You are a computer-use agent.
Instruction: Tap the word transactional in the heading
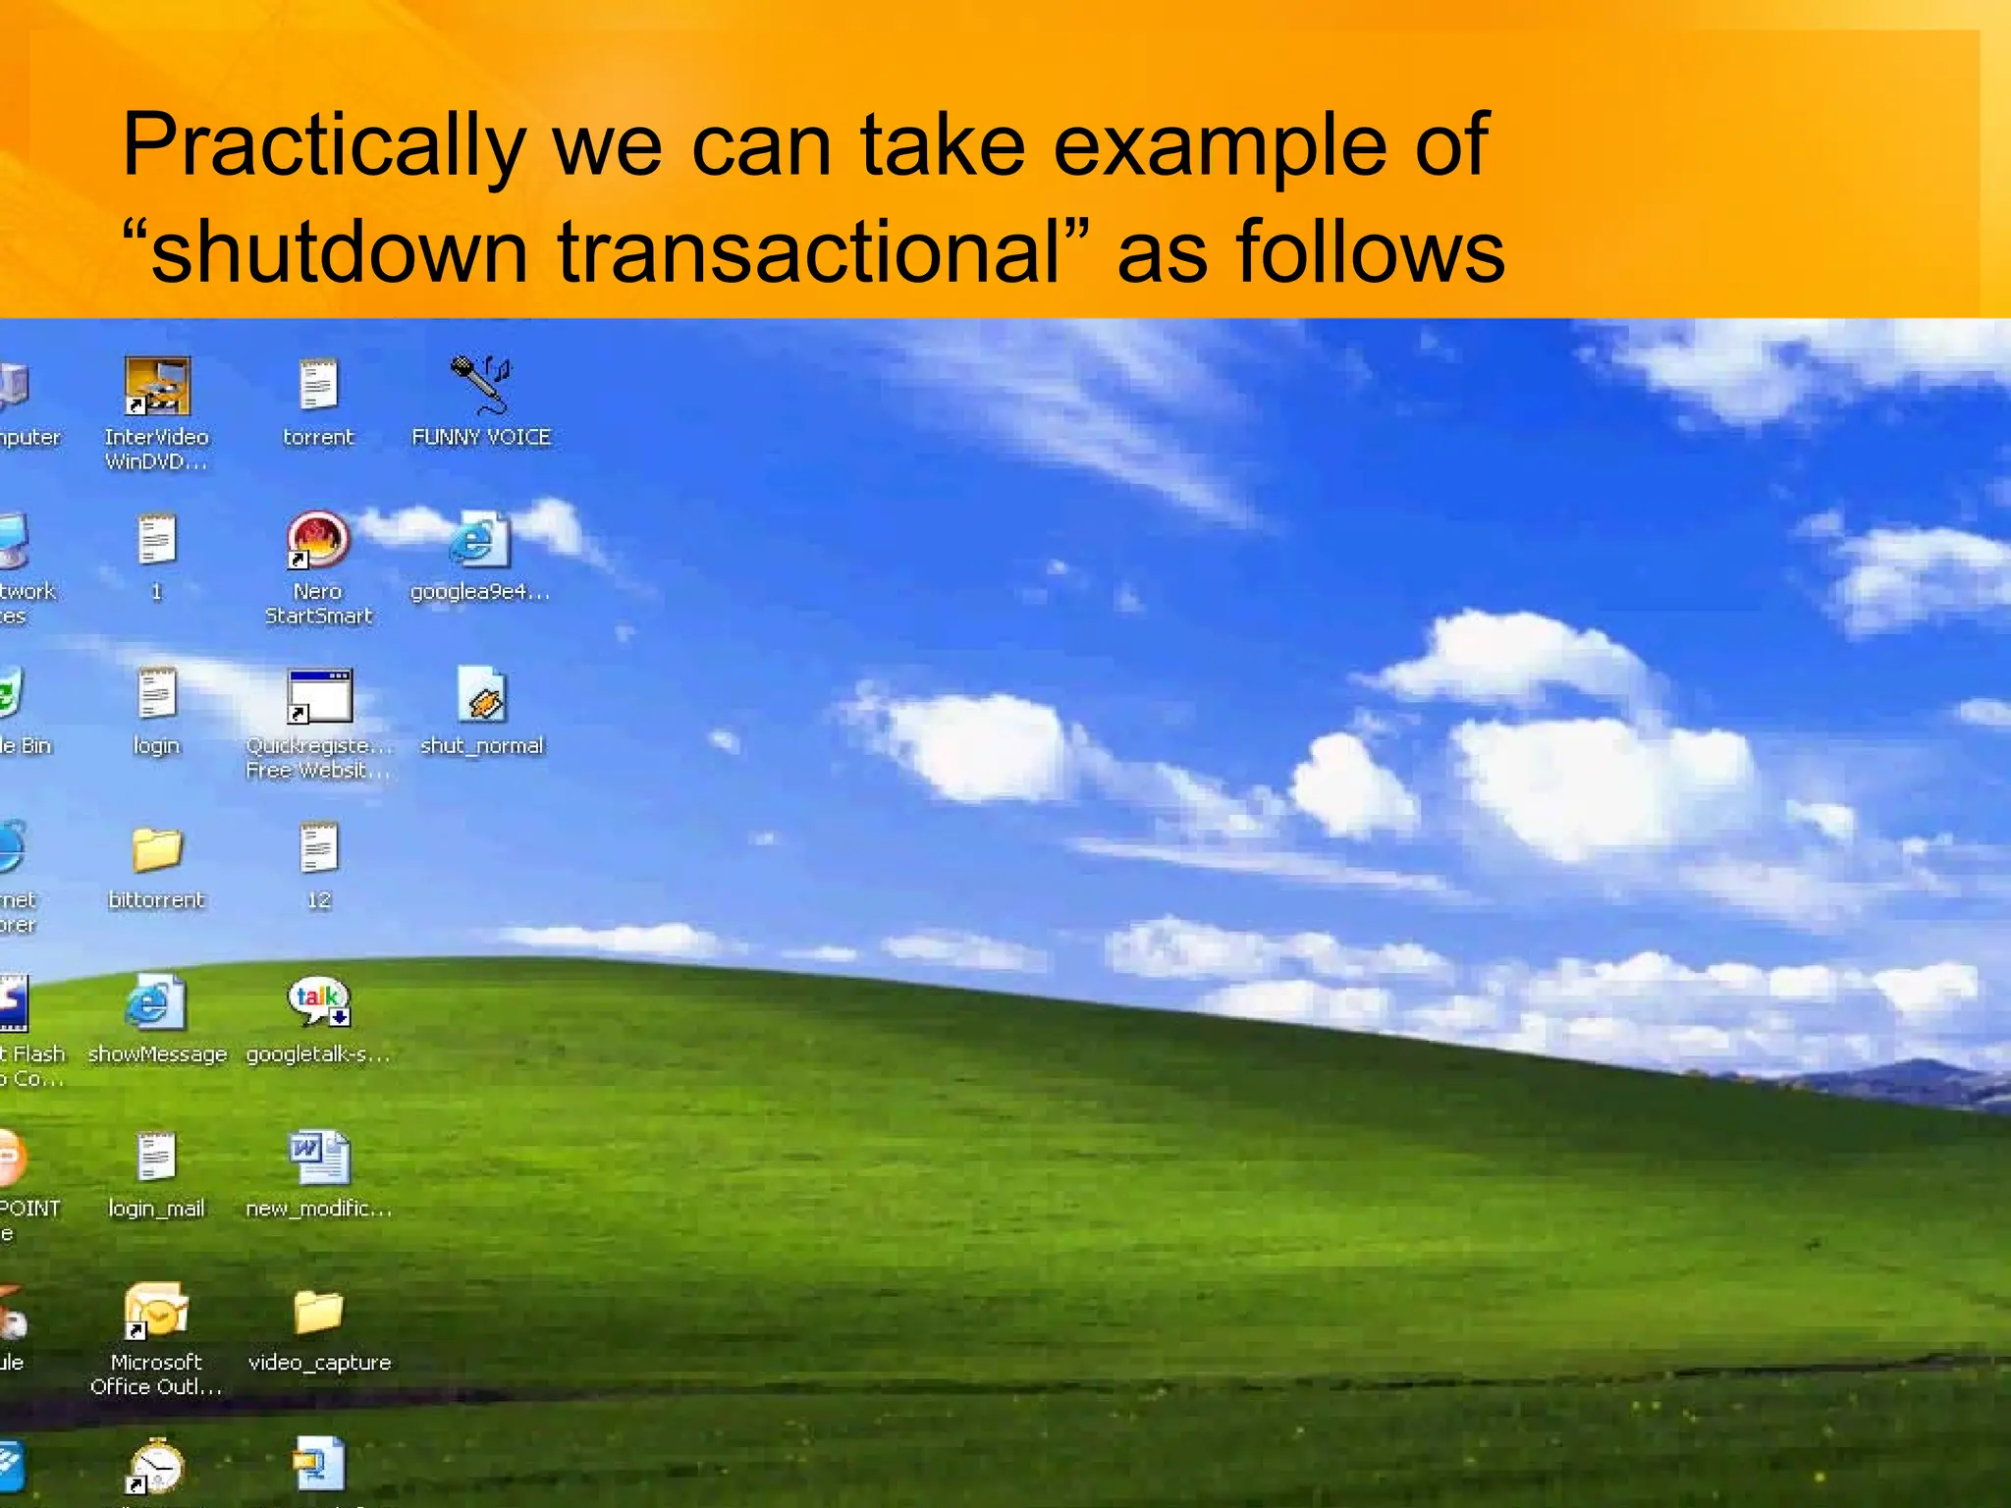[x=809, y=252]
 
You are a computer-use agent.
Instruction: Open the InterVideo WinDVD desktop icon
[x=157, y=386]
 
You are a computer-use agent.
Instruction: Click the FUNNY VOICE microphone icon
[x=480, y=384]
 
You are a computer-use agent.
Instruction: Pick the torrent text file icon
[x=318, y=384]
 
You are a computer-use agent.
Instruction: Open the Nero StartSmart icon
[x=317, y=540]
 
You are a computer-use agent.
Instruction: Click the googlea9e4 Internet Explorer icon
[x=480, y=540]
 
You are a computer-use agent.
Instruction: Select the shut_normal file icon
[x=481, y=695]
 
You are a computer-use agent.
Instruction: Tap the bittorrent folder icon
[x=157, y=848]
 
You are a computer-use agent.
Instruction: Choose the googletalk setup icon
[x=318, y=1002]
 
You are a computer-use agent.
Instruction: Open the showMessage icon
[x=155, y=1002]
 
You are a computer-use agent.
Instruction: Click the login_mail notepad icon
[x=156, y=1157]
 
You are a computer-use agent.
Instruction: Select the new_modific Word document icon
[x=319, y=1157]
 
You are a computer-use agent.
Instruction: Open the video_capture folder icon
[x=319, y=1312]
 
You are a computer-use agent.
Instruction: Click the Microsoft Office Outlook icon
[x=156, y=1310]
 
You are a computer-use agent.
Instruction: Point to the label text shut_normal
[x=481, y=746]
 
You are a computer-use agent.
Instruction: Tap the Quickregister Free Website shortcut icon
[x=319, y=695]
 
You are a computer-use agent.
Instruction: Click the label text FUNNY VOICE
[x=481, y=438]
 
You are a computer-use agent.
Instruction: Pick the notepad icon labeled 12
[x=319, y=848]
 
